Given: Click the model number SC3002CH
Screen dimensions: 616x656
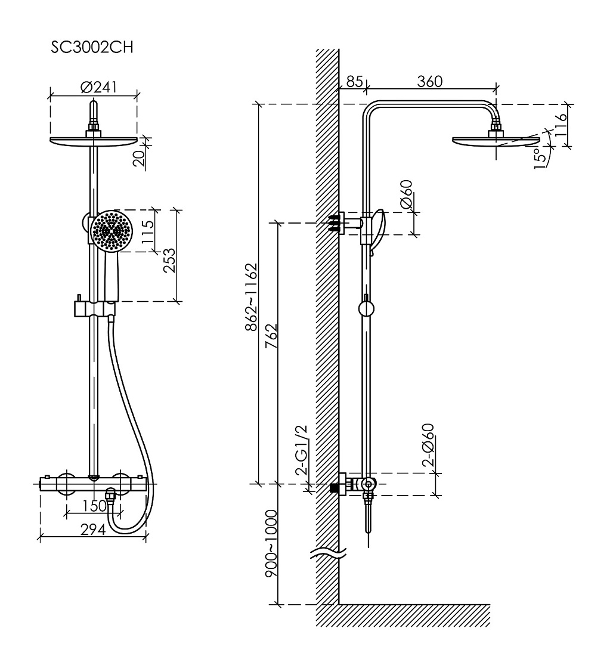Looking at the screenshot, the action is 92,47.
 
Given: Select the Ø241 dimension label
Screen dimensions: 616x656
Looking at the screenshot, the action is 99,87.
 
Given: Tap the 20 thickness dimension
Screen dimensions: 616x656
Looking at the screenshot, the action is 140,157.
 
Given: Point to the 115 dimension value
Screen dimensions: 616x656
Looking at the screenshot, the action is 147,232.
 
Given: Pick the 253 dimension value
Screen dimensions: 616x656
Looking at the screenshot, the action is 169,261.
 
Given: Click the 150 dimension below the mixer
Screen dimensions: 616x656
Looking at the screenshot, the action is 94,506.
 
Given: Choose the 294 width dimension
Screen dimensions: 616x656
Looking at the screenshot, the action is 93,530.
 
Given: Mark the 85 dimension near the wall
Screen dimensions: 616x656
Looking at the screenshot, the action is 354,81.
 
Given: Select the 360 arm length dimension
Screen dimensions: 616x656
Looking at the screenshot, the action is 430,81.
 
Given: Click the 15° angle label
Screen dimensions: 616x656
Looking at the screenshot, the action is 541,158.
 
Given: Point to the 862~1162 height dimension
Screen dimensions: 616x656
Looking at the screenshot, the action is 251,297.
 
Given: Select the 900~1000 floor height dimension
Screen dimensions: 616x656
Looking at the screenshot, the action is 271,543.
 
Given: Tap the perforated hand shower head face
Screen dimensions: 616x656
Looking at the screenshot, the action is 112,231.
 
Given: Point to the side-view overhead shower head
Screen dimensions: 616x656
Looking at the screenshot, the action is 496,141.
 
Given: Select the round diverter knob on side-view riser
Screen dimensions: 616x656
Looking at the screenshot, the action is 366,309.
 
